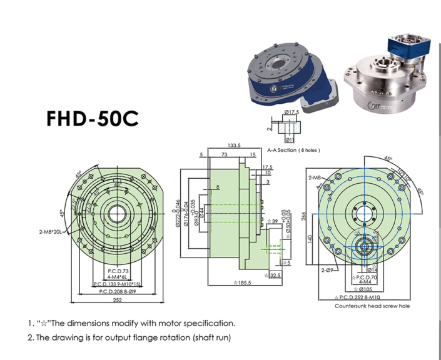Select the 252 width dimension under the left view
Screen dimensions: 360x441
[117, 300]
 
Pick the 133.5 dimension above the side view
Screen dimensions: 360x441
[233, 145]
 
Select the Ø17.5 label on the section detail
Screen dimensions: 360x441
[291, 112]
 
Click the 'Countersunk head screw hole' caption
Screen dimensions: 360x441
[372, 306]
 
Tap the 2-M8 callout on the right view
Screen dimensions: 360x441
[315, 178]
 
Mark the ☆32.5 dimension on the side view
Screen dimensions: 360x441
[274, 276]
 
